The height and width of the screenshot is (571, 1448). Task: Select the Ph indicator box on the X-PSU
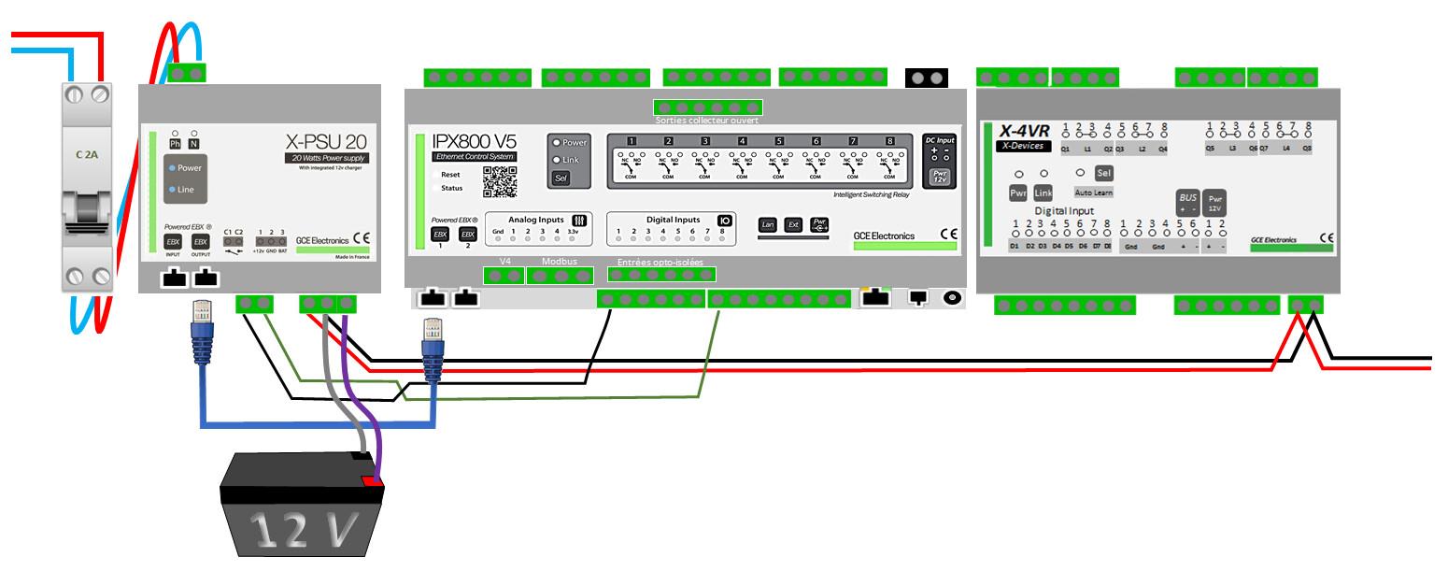pyautogui.click(x=175, y=144)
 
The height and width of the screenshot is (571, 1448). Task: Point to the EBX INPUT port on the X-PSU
pyautogui.click(x=173, y=241)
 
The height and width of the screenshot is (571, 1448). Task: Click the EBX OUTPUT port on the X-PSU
pyautogui.click(x=201, y=241)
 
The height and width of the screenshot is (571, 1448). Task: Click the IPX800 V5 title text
pyautogui.click(x=474, y=141)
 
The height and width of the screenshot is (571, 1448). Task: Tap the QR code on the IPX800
pyautogui.click(x=499, y=181)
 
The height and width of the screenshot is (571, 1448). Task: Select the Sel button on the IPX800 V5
pyautogui.click(x=561, y=178)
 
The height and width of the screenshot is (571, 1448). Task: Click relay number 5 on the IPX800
pyautogui.click(x=778, y=141)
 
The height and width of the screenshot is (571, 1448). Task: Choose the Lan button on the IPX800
pyautogui.click(x=768, y=224)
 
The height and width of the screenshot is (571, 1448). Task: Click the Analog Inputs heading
pyautogui.click(x=536, y=219)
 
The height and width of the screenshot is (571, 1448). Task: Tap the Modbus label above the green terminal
pyautogui.click(x=561, y=261)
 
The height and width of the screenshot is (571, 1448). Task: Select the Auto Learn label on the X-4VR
pyautogui.click(x=1094, y=192)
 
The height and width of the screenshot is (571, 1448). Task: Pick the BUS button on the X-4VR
pyautogui.click(x=1187, y=202)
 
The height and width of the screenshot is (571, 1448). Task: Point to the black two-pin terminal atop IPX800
pyautogui.click(x=927, y=79)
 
